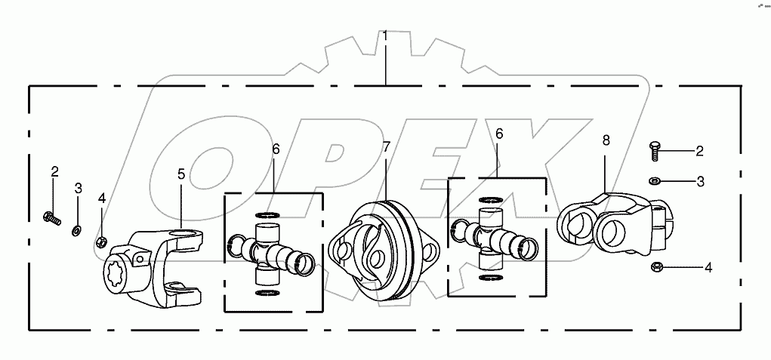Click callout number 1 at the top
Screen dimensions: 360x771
(x=385, y=36)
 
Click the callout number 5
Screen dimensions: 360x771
(x=181, y=174)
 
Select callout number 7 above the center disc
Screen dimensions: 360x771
(x=387, y=147)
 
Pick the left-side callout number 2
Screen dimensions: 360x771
(x=54, y=171)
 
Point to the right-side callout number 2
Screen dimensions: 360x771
(x=699, y=151)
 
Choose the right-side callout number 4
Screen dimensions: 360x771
(x=708, y=267)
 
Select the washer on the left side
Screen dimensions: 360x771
(x=77, y=229)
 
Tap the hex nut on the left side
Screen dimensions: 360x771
(x=101, y=242)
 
